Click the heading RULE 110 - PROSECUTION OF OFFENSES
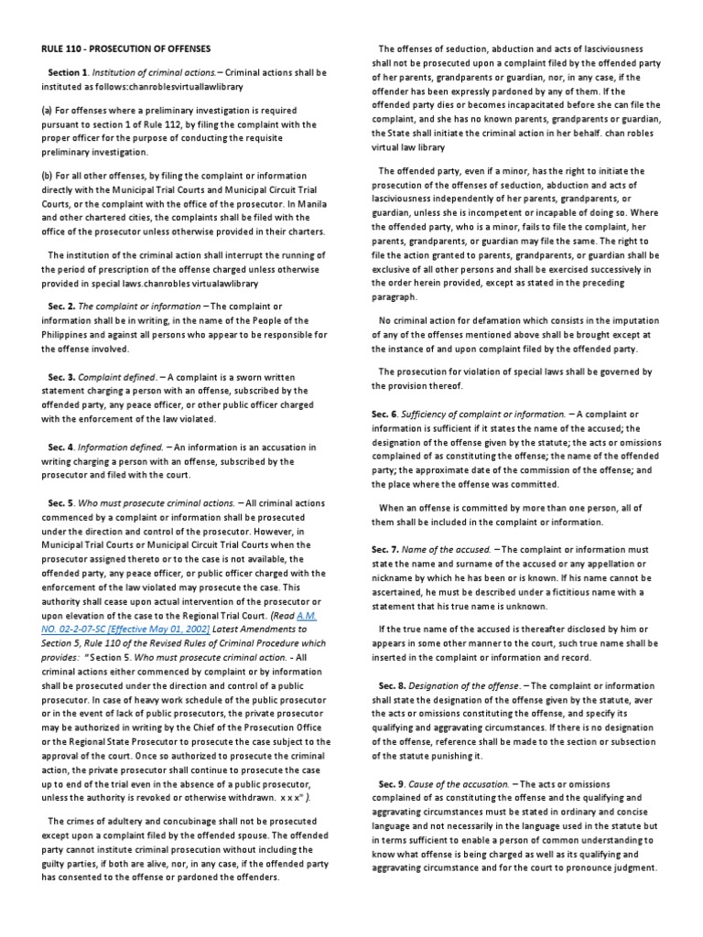126,47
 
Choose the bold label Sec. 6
384,415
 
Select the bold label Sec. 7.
384,548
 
